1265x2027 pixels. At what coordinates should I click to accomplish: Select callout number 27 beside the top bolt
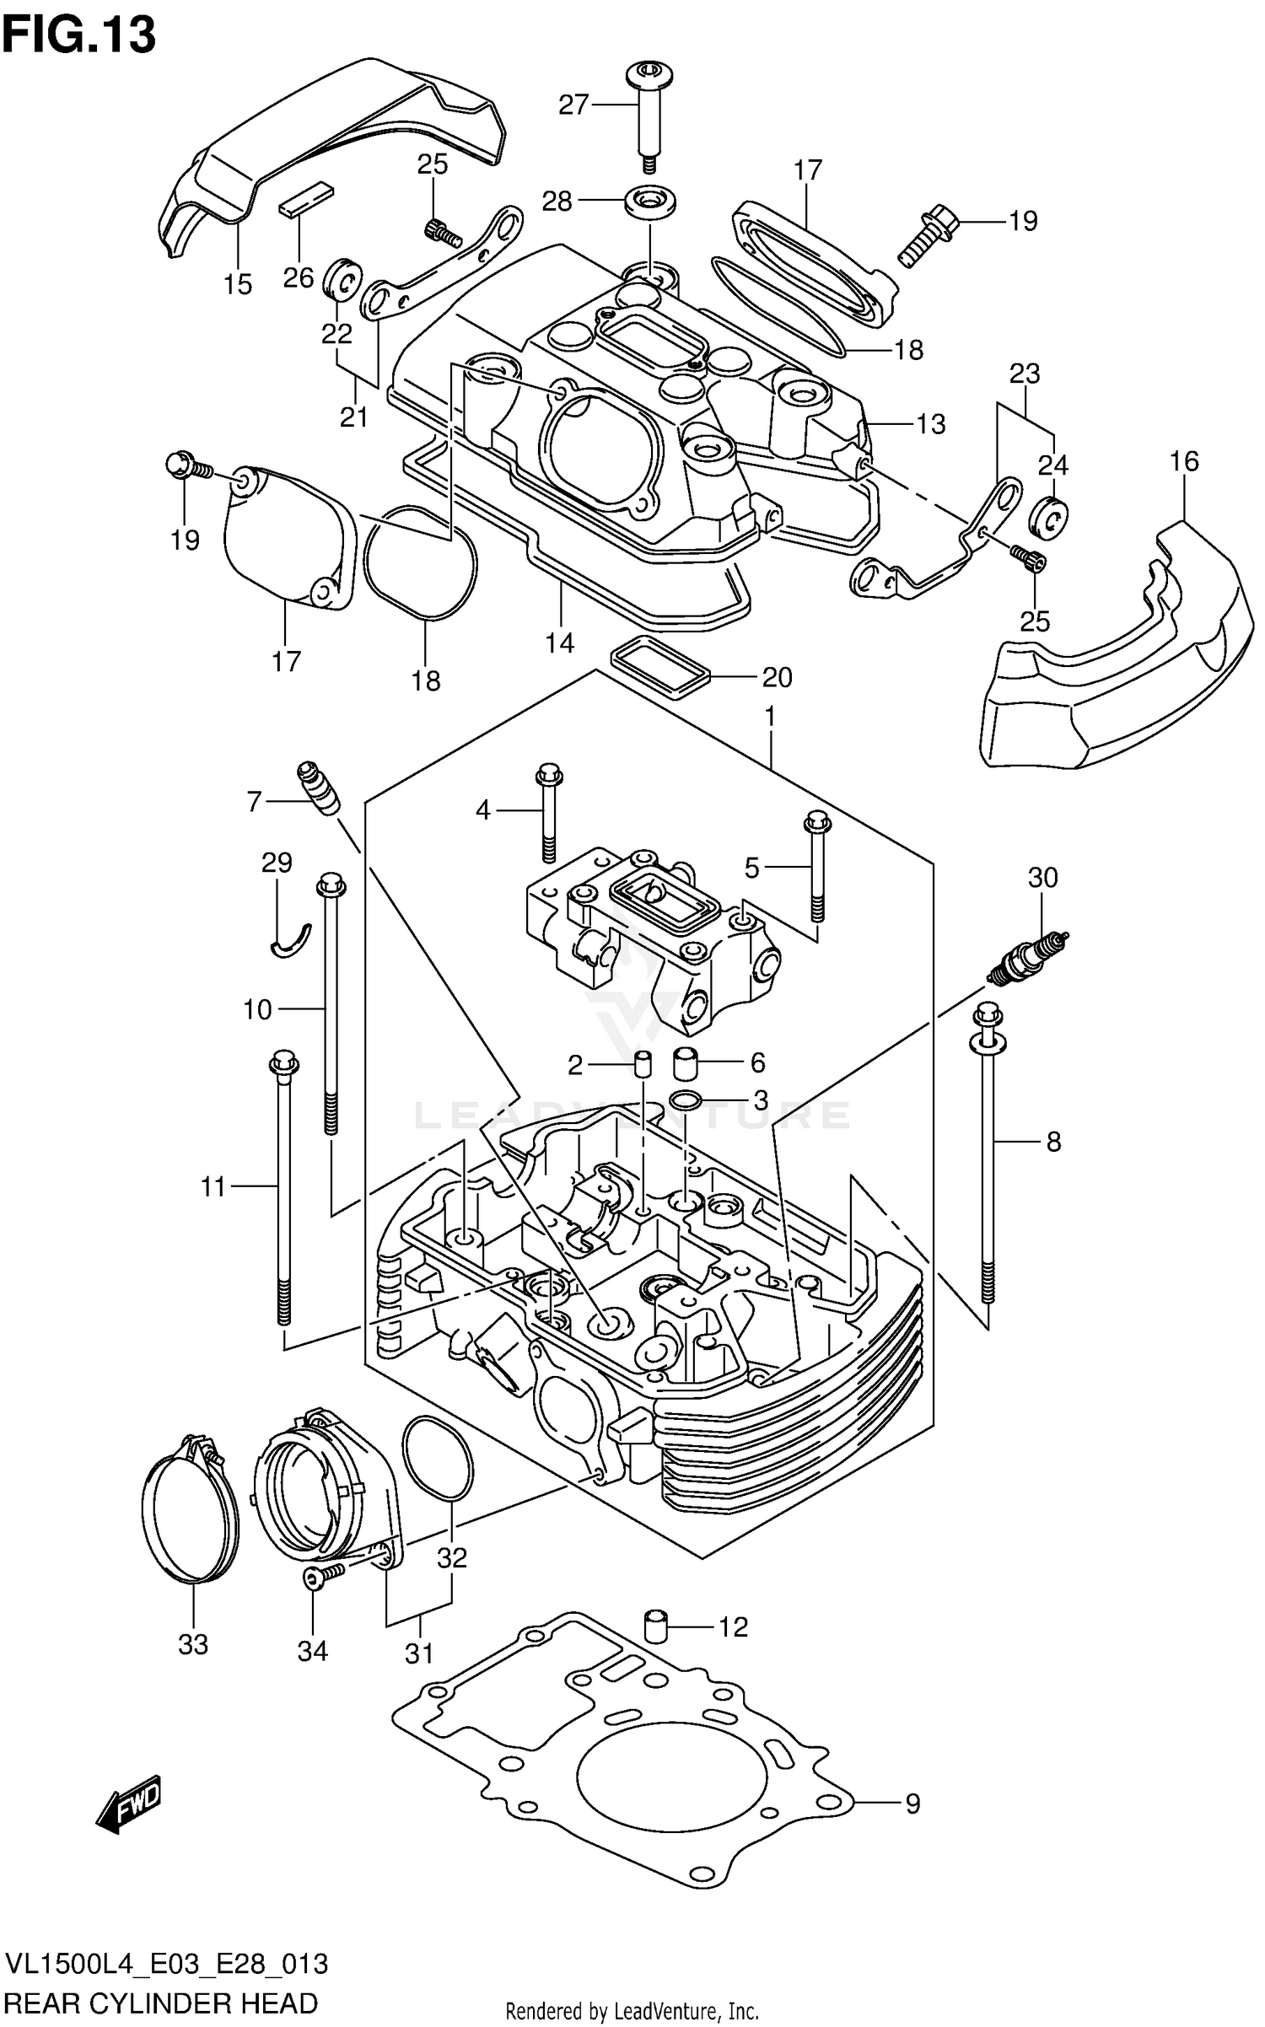[x=573, y=105]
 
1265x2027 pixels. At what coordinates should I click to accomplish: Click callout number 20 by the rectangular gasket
[x=777, y=677]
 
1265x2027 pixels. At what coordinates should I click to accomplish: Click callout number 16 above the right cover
[x=1184, y=461]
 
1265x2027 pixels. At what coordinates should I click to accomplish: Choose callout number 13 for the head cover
[x=930, y=423]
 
